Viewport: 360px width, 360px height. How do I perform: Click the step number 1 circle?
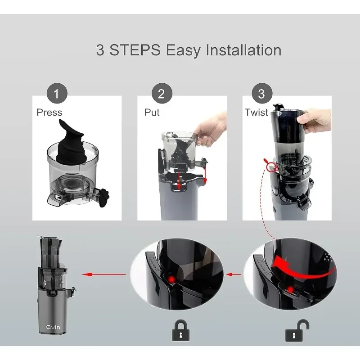coord(57,94)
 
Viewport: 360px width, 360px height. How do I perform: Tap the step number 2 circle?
coord(162,94)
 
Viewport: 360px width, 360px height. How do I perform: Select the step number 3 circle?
coord(262,94)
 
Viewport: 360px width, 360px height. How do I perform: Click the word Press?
coord(49,112)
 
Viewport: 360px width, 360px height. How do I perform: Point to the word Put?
coord(152,112)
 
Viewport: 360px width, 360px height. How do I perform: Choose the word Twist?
coord(256,112)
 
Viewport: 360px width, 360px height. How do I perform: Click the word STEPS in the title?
coord(135,50)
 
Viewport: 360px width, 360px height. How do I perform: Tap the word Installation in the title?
coord(243,50)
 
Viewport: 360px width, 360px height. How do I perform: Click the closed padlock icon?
coord(181,330)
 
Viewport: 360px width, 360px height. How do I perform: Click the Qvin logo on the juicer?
coord(53,327)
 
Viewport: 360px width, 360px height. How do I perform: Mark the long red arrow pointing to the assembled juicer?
coord(104,274)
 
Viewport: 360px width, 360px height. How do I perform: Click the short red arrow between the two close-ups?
coord(234,274)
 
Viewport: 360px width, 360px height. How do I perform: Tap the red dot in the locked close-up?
coord(171,279)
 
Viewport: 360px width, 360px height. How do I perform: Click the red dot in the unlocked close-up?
coord(291,289)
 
